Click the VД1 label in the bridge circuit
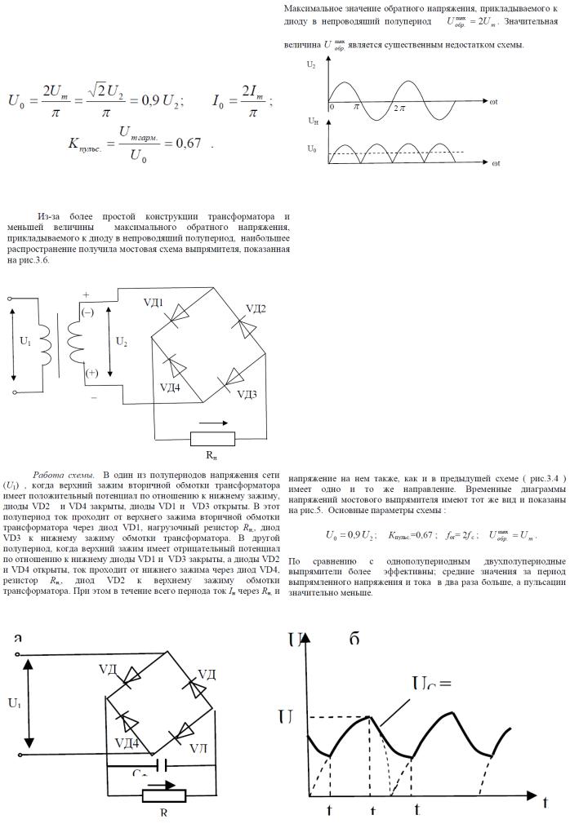coord(154,303)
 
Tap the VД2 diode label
coord(256,308)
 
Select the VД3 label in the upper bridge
coord(247,395)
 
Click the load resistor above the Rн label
coord(212,438)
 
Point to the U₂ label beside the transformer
coord(122,342)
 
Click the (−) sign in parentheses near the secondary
coord(87,312)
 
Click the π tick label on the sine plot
coord(357,107)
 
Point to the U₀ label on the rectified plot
coord(312,149)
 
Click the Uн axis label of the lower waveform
coord(313,120)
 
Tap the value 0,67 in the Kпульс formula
coord(189,143)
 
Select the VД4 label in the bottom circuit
coord(127,742)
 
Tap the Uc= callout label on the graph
coord(431,685)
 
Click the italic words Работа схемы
coord(65,475)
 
